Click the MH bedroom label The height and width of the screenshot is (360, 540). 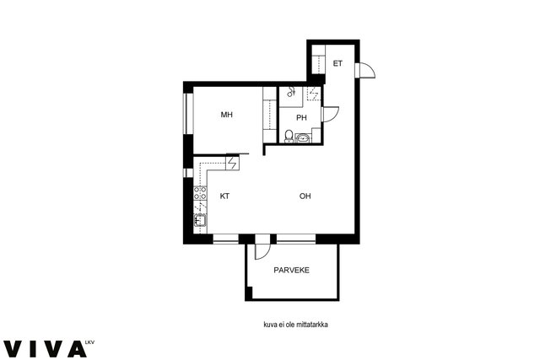pyautogui.click(x=227, y=115)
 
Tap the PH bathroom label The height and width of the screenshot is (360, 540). pyautogui.click(x=301, y=118)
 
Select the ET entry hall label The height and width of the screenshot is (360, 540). pyautogui.click(x=337, y=63)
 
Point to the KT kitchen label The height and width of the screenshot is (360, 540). pyautogui.click(x=224, y=196)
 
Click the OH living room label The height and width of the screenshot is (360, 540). pyautogui.click(x=305, y=196)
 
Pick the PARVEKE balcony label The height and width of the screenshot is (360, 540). pyautogui.click(x=291, y=270)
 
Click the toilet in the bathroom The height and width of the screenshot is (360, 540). pyautogui.click(x=289, y=137)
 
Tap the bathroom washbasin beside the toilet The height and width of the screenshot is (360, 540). pyautogui.click(x=303, y=138)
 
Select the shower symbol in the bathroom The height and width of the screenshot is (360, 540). pyautogui.click(x=291, y=92)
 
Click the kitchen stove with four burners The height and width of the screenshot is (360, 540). pyautogui.click(x=200, y=193)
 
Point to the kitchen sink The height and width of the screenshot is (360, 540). pyautogui.click(x=200, y=219)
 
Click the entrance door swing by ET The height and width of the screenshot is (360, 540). pyautogui.click(x=367, y=70)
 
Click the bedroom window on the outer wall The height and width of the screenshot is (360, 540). pyautogui.click(x=188, y=113)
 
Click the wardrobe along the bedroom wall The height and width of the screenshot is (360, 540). pyautogui.click(x=270, y=115)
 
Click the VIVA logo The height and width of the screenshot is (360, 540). pyautogui.click(x=45, y=349)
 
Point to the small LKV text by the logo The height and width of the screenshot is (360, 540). pyautogui.click(x=89, y=342)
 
